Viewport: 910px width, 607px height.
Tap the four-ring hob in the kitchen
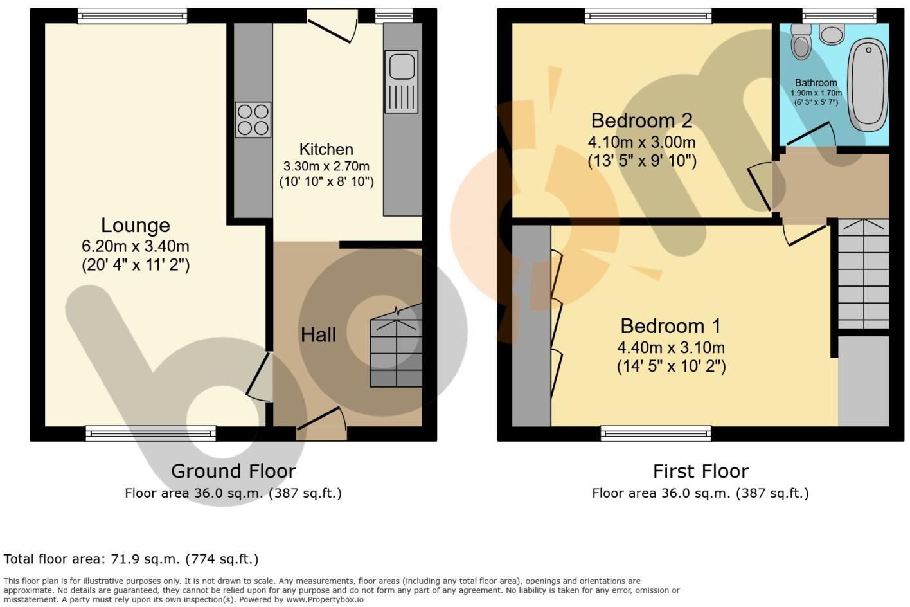click(x=253, y=120)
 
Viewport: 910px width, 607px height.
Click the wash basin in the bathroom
click(x=832, y=34)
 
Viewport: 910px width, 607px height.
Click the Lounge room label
click(x=136, y=225)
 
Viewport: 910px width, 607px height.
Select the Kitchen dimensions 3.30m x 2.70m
click(x=326, y=166)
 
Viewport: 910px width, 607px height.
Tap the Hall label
click(x=318, y=334)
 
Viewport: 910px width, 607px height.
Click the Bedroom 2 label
click(x=641, y=120)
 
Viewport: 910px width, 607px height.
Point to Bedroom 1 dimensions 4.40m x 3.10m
click(x=671, y=348)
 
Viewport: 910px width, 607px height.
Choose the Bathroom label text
click(x=816, y=83)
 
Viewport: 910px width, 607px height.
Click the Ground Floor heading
click(x=233, y=471)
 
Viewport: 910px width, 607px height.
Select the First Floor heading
click(x=700, y=471)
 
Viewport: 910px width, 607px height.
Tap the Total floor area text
click(x=131, y=559)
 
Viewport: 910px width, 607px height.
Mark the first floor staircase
click(x=864, y=274)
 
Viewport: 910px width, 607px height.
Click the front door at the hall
click(x=321, y=421)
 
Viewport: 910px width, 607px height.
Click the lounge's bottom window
click(x=151, y=434)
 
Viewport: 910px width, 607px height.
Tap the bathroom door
click(x=810, y=135)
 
